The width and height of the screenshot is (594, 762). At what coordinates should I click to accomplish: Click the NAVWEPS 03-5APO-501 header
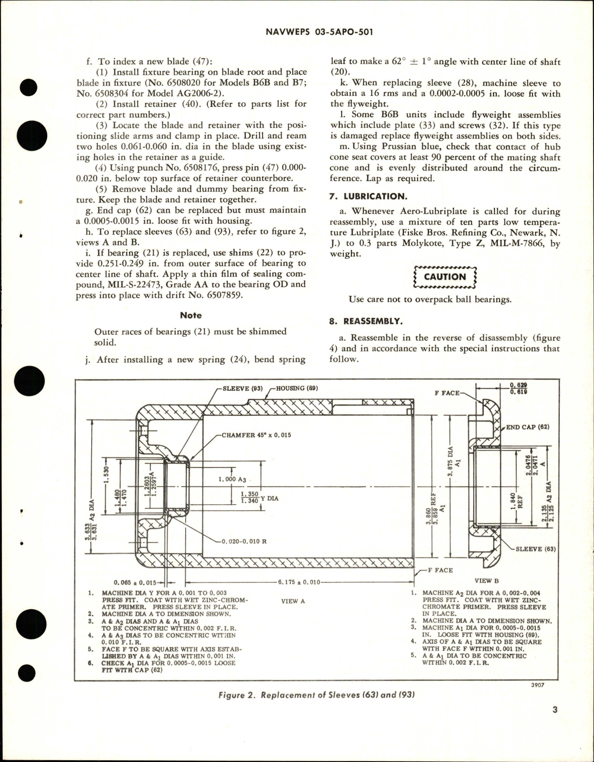(x=319, y=32)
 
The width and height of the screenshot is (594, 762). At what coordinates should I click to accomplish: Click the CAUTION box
(x=445, y=277)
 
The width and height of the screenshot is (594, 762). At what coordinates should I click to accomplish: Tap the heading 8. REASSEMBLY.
(x=366, y=321)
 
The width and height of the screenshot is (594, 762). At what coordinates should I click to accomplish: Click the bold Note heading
(x=191, y=315)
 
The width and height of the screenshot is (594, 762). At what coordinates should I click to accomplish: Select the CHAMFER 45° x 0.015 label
(x=256, y=435)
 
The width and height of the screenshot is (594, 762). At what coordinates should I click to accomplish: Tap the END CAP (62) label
(x=527, y=427)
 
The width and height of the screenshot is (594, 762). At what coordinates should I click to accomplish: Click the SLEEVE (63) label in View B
(x=536, y=549)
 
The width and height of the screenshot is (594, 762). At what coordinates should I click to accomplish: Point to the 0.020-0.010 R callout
(x=244, y=542)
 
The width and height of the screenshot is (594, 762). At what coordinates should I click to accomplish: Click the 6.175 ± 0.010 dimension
(x=299, y=582)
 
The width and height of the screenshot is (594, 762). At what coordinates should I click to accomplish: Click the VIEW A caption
(x=293, y=601)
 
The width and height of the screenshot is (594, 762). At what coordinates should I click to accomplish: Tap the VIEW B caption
(x=487, y=581)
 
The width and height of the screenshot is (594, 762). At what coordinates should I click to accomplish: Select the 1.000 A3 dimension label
(x=232, y=479)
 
